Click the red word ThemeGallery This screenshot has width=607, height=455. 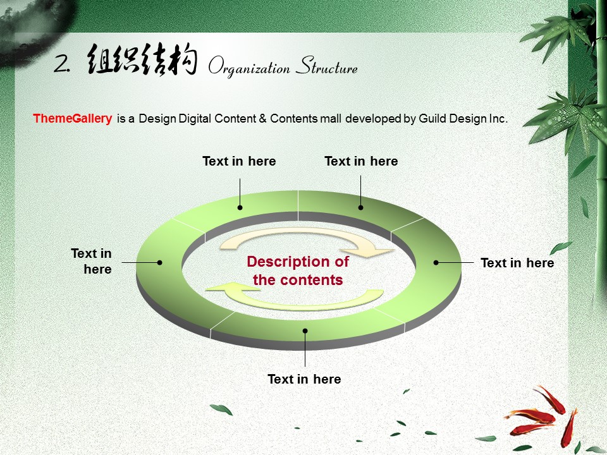point(72,118)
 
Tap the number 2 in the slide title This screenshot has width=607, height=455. point(62,63)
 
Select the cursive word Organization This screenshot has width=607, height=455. point(249,66)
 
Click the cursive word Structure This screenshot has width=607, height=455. point(327,65)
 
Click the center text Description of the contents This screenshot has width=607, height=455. point(298,270)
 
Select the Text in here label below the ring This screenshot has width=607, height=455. point(304,379)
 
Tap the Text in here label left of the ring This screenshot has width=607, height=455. point(91,261)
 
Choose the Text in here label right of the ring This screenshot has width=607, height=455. point(517,263)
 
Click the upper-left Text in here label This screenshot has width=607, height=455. point(239,161)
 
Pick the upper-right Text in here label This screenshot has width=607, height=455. point(361,161)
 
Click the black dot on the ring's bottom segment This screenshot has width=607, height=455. point(305,331)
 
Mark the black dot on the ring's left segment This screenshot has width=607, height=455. point(159,263)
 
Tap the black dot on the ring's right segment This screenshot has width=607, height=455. point(436,263)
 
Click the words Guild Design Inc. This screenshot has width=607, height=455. point(463,118)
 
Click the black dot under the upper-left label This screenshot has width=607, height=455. point(240,208)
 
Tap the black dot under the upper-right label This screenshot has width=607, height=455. point(361,208)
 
